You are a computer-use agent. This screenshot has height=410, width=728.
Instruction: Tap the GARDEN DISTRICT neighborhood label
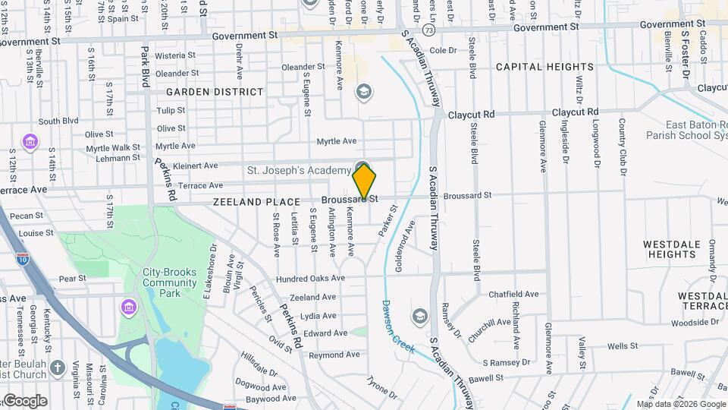pos(215,92)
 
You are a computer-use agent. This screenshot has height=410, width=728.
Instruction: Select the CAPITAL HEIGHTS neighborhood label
pos(544,67)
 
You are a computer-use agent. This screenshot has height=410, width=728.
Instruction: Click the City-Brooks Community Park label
pos(170,277)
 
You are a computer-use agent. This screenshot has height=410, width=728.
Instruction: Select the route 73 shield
pos(429,30)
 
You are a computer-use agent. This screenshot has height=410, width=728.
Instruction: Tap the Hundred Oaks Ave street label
pos(310,279)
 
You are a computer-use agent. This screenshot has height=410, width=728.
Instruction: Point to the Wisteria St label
pos(175,55)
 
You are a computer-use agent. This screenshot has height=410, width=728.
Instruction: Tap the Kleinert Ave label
pos(196,165)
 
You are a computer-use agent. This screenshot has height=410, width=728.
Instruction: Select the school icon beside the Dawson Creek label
pos(419,315)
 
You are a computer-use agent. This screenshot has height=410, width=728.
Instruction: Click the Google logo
pos(25,400)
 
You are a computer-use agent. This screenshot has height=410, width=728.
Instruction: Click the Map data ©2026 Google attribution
pos(681,404)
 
